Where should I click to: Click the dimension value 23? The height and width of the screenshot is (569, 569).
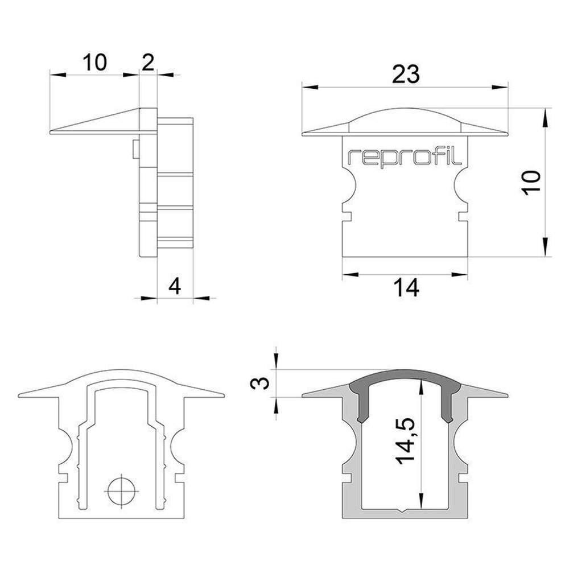click(x=406, y=75)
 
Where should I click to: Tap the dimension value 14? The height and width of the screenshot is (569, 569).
click(x=406, y=288)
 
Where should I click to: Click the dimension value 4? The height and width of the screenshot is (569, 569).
click(x=175, y=286)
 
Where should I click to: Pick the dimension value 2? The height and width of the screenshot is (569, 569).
click(x=148, y=62)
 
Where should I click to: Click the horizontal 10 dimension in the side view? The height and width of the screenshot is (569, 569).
click(x=94, y=62)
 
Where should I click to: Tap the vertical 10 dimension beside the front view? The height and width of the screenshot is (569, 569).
click(x=531, y=183)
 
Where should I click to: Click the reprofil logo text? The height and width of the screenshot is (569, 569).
click(x=405, y=157)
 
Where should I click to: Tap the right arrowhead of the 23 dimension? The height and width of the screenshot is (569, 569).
click(x=500, y=87)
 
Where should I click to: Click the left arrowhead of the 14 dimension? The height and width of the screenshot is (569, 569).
click(x=351, y=274)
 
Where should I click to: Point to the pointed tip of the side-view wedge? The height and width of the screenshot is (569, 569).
click(x=50, y=132)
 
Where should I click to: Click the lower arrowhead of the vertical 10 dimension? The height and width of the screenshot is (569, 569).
click(x=545, y=248)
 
